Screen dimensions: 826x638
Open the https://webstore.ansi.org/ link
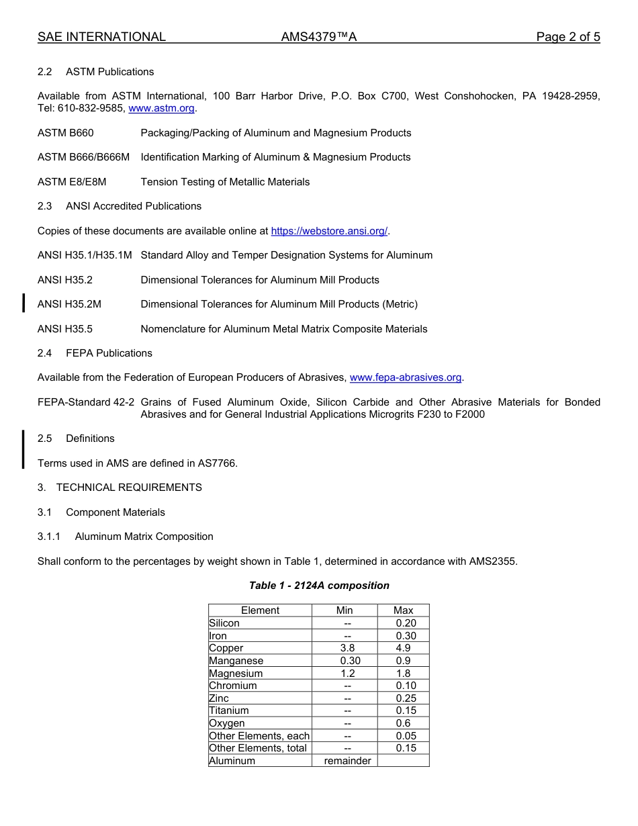[x=329, y=231]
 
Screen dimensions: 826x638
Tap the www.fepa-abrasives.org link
[x=406, y=377]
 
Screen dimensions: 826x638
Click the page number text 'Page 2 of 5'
[x=567, y=37]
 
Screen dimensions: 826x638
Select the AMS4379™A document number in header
[x=318, y=37]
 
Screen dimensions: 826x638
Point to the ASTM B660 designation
[x=66, y=133]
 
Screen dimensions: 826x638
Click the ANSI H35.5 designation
[x=65, y=329]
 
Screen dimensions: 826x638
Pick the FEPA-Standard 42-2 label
[x=86, y=402]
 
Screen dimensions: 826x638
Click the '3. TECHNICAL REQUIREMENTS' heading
[x=120, y=488]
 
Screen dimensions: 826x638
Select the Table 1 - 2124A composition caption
[x=319, y=586]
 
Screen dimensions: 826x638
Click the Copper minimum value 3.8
[x=347, y=648]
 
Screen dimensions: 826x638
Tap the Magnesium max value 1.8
[x=403, y=673]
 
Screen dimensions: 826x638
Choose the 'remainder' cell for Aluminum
[x=347, y=761]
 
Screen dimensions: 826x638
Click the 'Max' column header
[x=403, y=610]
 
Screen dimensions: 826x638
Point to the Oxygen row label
[x=227, y=723]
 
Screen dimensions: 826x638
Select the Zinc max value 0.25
[x=406, y=698]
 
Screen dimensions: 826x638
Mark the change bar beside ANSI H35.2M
[x=24, y=304]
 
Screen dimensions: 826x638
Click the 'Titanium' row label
[x=229, y=710]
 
